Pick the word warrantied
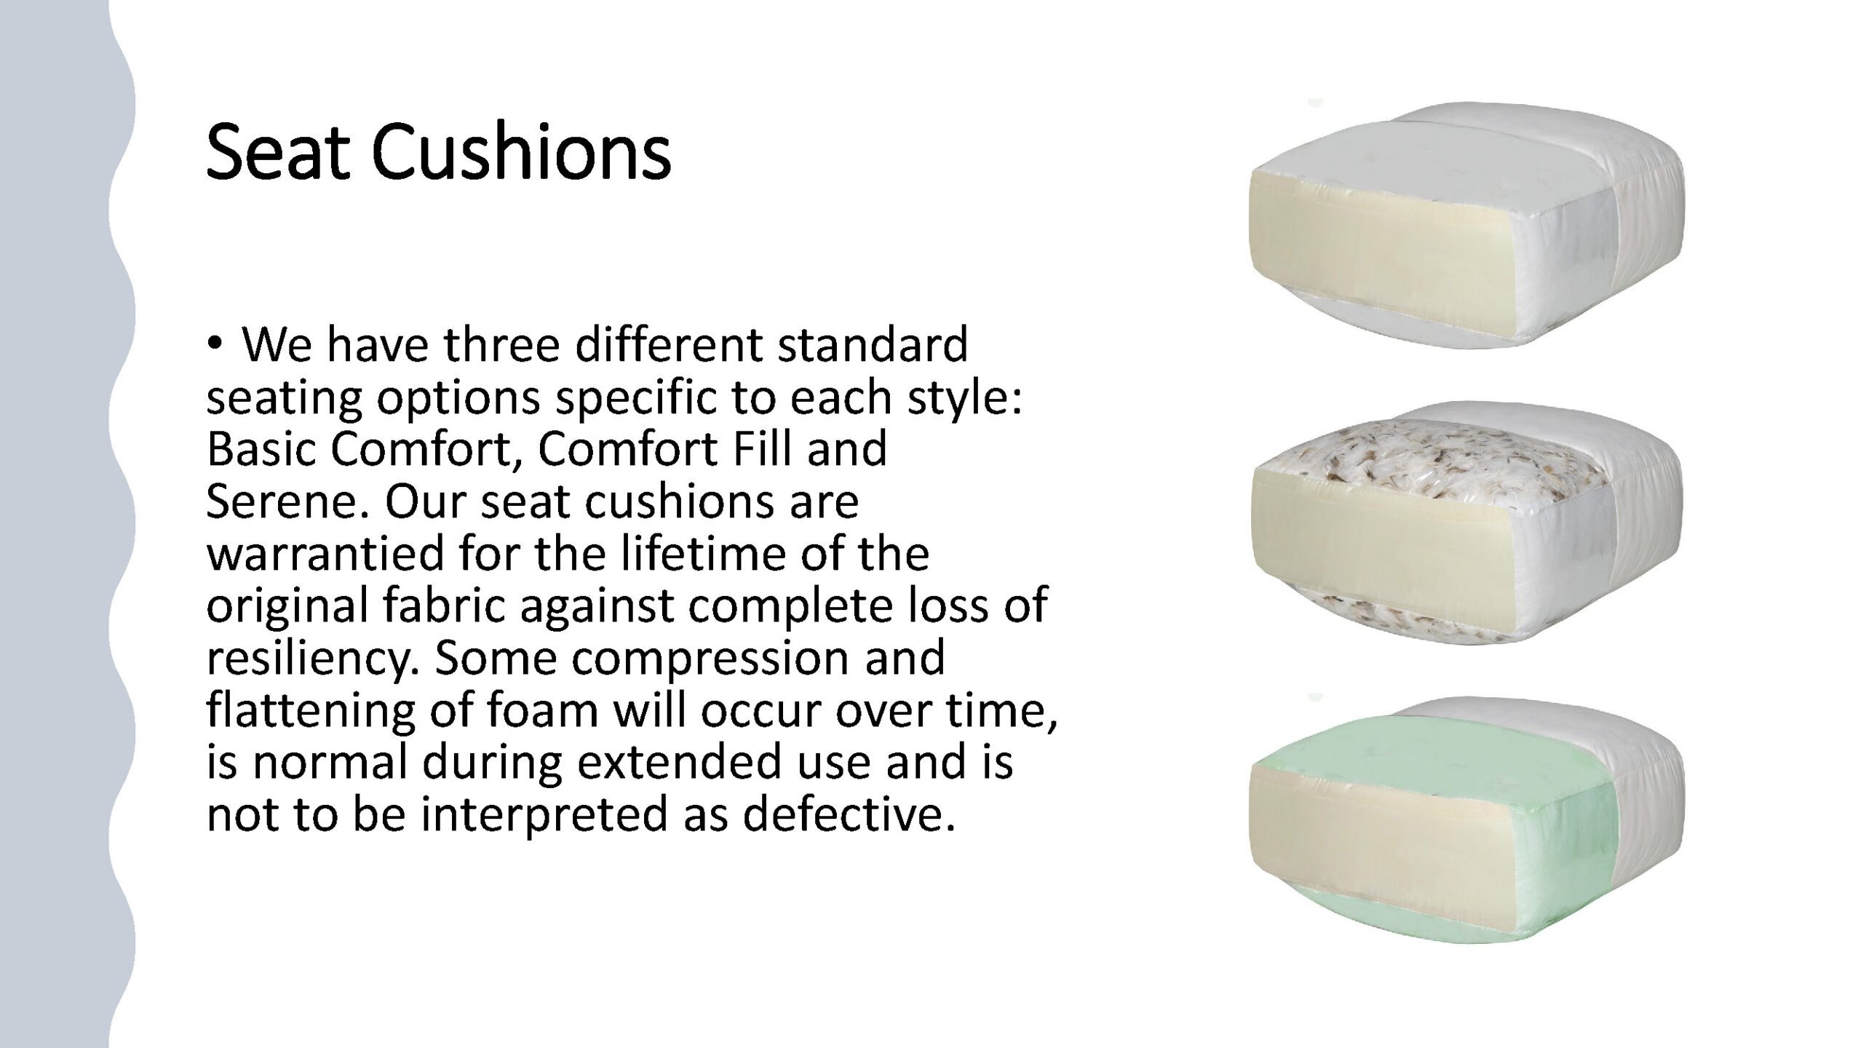pyautogui.click(x=327, y=554)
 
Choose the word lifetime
pyautogui.click(x=702, y=553)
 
